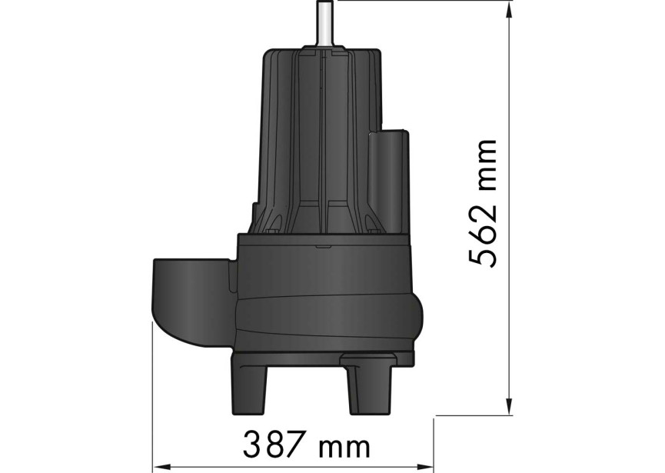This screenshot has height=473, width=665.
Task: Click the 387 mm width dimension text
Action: click(x=308, y=445)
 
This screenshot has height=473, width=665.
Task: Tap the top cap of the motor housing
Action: click(x=323, y=55)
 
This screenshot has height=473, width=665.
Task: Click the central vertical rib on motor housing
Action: click(x=323, y=138)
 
